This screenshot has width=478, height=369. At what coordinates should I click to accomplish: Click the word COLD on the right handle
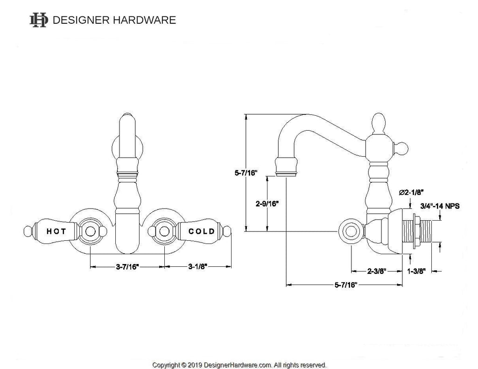tap(202, 231)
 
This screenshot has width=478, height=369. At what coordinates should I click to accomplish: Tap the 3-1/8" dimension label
tap(198, 266)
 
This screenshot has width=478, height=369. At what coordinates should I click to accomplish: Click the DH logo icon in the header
tap(38, 20)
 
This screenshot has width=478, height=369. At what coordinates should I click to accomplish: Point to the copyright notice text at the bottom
tap(239, 364)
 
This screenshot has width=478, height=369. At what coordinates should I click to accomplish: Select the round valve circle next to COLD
tap(164, 230)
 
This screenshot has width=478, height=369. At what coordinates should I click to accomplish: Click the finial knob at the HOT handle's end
tap(28, 230)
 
